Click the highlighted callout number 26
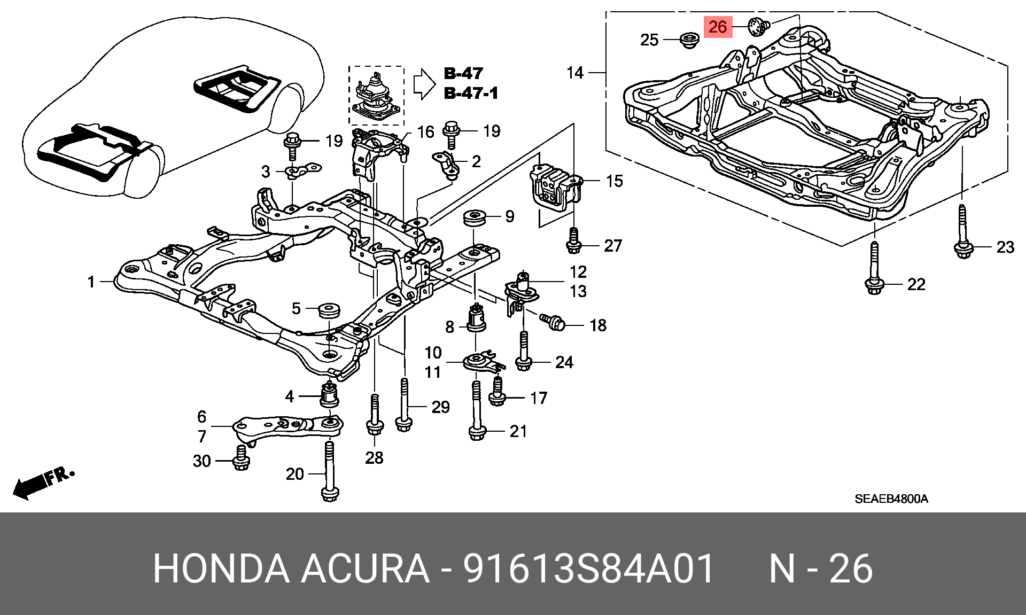(x=718, y=27)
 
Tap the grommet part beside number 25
(x=689, y=40)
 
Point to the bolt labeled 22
(x=874, y=270)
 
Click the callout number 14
(x=575, y=73)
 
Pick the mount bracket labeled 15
(x=554, y=186)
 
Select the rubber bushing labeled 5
(x=329, y=309)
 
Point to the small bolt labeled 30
(x=241, y=460)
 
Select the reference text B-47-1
(x=471, y=93)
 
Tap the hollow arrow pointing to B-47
(x=424, y=83)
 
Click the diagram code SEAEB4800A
(x=891, y=499)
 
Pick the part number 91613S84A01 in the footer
(x=588, y=568)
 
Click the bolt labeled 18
(x=553, y=322)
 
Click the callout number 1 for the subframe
(x=91, y=282)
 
